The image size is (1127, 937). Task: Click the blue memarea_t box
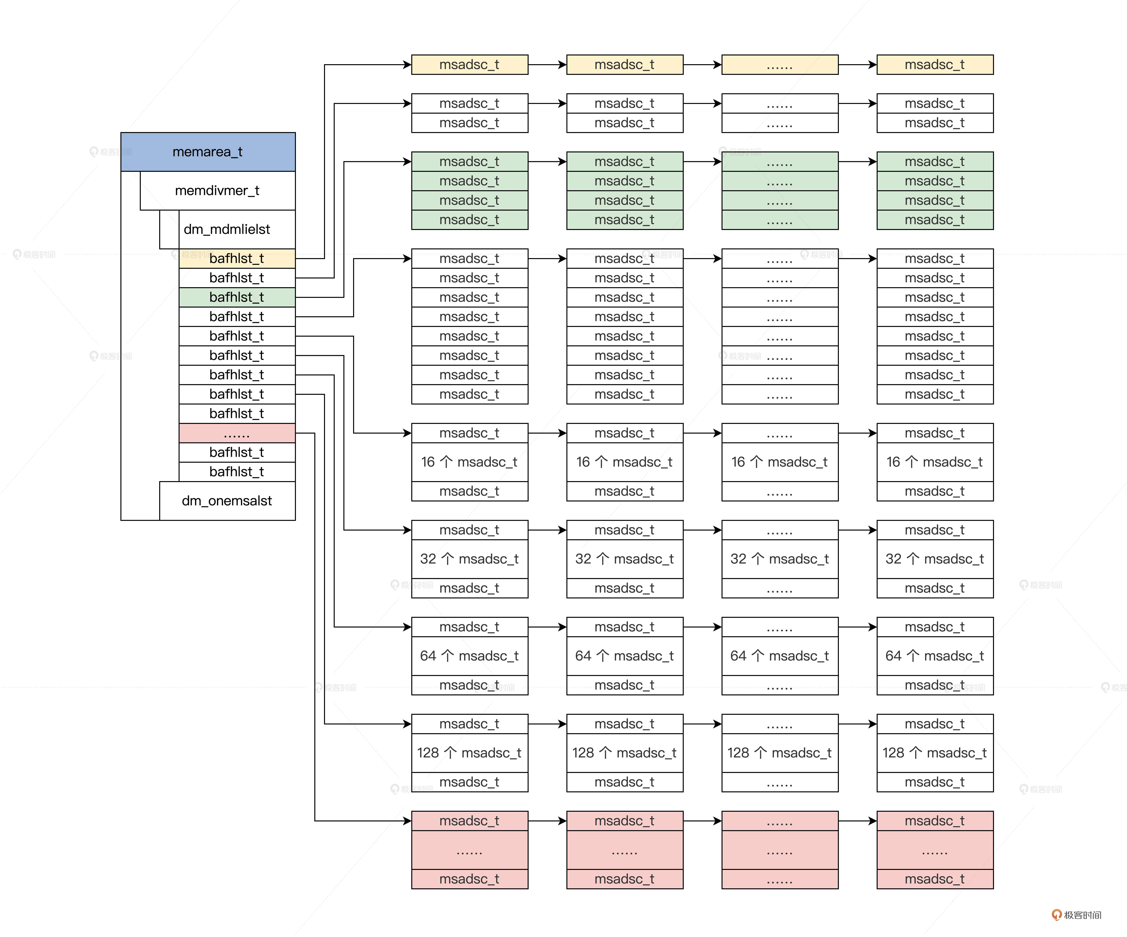coord(208,152)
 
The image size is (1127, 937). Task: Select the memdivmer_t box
coord(217,190)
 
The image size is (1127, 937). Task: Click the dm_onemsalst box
coord(227,501)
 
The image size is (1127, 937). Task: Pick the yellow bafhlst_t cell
coord(237,258)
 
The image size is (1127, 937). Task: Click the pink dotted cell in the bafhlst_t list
coord(237,433)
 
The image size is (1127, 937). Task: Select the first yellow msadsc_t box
coord(470,64)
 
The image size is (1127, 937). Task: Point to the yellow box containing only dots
coord(780,64)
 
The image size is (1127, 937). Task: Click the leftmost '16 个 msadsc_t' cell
coord(470,462)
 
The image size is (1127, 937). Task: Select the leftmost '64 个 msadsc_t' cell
coord(470,656)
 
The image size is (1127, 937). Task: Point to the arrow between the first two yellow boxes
coord(547,64)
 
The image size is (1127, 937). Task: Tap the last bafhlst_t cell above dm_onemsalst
coord(237,472)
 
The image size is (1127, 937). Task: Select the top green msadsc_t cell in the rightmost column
coord(935,162)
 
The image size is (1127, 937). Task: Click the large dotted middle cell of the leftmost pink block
coord(470,850)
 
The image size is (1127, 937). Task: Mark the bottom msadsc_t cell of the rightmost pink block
coord(935,879)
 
